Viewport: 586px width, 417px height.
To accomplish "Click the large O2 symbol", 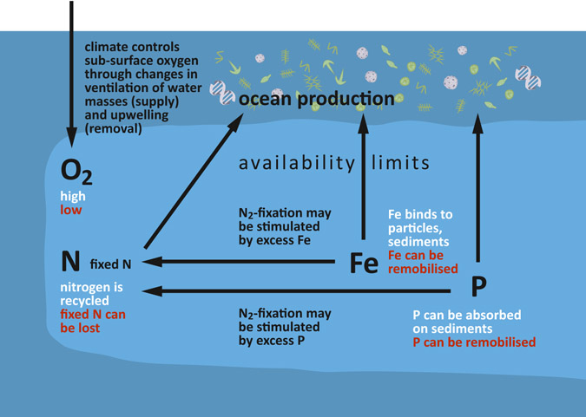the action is point(76,172).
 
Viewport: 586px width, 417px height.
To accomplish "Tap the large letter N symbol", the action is point(70,261).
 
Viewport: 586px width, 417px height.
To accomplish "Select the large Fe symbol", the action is point(364,264).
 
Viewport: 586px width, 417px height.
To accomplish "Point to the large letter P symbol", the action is point(478,286).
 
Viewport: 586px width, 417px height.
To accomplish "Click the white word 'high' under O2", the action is point(73,196).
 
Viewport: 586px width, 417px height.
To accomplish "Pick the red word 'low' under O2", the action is point(71,210).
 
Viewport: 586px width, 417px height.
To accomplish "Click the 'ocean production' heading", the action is point(317,100).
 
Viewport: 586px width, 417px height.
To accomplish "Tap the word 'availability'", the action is point(297,164).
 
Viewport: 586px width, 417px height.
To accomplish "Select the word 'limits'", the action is point(400,163).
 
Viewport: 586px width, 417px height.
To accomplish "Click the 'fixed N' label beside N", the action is point(110,264).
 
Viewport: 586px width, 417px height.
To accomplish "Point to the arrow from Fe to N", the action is point(239,262).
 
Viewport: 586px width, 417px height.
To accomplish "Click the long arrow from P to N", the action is point(296,290).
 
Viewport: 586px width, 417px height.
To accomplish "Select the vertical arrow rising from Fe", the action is point(363,177).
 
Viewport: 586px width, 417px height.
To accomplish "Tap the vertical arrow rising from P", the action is point(477,188).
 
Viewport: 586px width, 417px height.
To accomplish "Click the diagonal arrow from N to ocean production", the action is point(194,181).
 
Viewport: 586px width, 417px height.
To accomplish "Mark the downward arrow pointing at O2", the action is point(71,74).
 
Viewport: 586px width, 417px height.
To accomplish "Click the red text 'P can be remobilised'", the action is point(474,342).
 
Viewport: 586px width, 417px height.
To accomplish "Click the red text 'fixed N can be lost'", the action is point(93,321).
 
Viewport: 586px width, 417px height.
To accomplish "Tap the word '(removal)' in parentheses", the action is point(113,129).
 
